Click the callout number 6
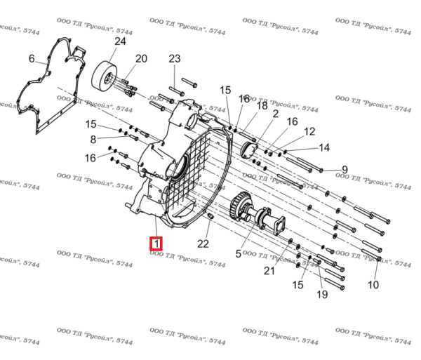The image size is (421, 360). point(32,59)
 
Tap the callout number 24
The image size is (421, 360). point(120,42)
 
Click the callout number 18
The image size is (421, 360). point(261,106)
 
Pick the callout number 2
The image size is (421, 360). point(275,114)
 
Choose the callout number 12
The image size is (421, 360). point(309,131)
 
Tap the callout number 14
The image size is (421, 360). point(323,147)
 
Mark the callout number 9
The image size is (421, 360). point(345,169)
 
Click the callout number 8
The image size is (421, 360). point(93,140)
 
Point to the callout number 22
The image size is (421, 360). point(203,244)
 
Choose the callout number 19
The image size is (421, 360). point(322,294)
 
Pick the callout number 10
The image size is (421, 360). point(373,284)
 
